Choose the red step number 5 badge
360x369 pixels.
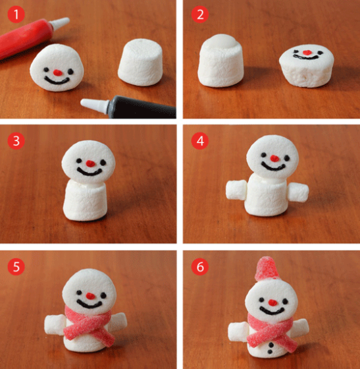point(16,266)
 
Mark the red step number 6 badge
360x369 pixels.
point(199,266)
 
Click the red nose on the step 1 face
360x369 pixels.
point(57,70)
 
